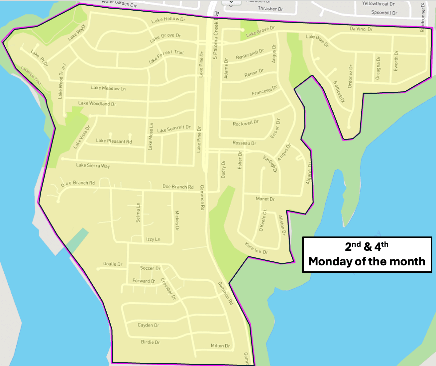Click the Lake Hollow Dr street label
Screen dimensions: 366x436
pyautogui.click(x=168, y=20)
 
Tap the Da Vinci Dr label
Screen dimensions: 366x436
pyautogui.click(x=361, y=29)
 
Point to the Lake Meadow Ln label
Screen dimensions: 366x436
pyautogui.click(x=108, y=88)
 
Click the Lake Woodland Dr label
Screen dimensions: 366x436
pyautogui.click(x=97, y=103)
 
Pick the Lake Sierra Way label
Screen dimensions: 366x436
pyautogui.click(x=93, y=165)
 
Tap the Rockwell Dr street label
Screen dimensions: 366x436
pyautogui.click(x=246, y=123)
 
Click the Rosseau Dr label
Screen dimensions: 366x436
pyautogui.click(x=244, y=143)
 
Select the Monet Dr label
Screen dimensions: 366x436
pyautogui.click(x=265, y=199)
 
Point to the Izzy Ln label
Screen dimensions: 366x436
pyautogui.click(x=153, y=239)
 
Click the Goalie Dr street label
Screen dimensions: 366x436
pyautogui.click(x=113, y=264)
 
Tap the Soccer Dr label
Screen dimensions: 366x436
pyautogui.click(x=150, y=268)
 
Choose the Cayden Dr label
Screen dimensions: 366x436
pyautogui.click(x=149, y=325)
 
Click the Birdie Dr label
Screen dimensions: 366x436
pyautogui.click(x=151, y=342)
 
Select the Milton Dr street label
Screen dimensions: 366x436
pyautogui.click(x=220, y=346)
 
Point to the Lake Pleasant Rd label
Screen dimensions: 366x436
pyautogui.click(x=114, y=141)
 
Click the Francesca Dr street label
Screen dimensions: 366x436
pyautogui.click(x=264, y=91)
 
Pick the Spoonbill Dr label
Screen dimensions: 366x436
pyautogui.click(x=384, y=13)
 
